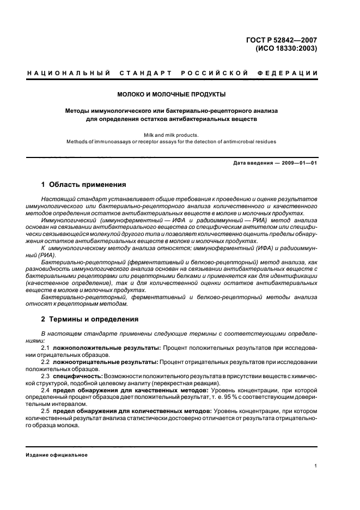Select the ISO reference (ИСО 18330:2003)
tap(286, 48)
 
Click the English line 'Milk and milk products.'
tap(171, 134)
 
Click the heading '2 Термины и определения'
tap(90, 319)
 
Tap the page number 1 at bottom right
tap(316, 466)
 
